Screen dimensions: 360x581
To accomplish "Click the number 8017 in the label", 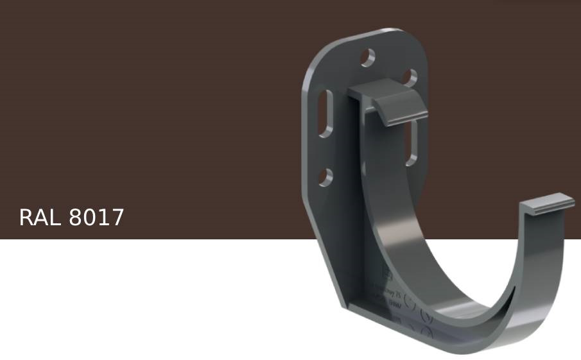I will pos(96,218).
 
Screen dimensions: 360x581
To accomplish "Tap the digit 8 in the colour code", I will pos(75,218).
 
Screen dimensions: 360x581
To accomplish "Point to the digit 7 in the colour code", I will pos(117,218).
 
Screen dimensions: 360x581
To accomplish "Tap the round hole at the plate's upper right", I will pos(409,77).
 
